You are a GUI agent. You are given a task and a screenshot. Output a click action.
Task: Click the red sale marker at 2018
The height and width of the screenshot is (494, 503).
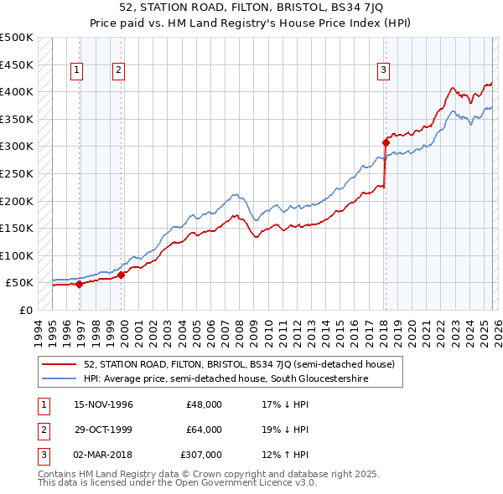(x=386, y=142)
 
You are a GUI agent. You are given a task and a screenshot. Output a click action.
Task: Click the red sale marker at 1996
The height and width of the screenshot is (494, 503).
(x=80, y=284)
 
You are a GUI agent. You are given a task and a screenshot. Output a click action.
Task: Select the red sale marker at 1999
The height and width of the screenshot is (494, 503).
(x=122, y=275)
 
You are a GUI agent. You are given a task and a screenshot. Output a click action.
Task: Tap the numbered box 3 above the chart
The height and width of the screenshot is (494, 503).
(x=383, y=70)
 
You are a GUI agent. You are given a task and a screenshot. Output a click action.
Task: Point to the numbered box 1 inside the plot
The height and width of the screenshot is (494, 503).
(x=77, y=70)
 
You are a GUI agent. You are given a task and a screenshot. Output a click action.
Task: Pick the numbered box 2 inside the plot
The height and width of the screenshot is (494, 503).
(x=119, y=70)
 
